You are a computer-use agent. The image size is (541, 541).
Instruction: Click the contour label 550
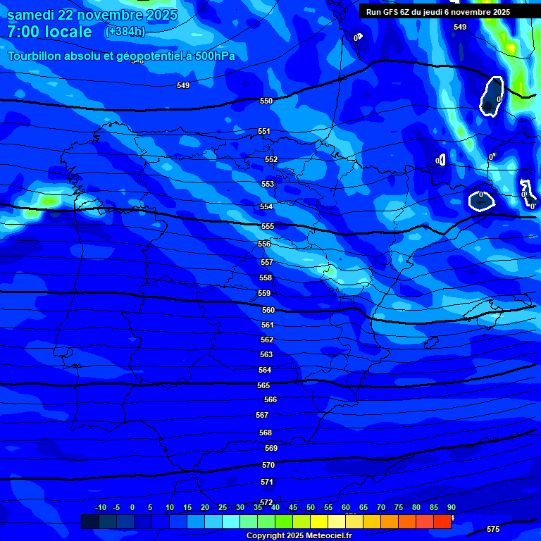[x=266, y=101]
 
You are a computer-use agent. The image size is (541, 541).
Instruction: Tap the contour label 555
[x=268, y=226]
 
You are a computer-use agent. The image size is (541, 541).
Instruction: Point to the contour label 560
[x=268, y=310]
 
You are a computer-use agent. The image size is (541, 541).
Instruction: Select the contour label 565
[x=263, y=385]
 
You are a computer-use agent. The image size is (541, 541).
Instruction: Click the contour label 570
[x=268, y=465]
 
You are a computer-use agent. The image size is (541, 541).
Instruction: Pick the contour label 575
[x=493, y=529]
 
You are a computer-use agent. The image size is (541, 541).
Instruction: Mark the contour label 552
[x=271, y=159]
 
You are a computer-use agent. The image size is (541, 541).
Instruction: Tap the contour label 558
[x=266, y=278]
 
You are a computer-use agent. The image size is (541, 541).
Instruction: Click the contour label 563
[x=266, y=354]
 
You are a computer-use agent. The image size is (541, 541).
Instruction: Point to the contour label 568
[x=266, y=433]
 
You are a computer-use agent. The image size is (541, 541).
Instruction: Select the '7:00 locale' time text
[x=49, y=32]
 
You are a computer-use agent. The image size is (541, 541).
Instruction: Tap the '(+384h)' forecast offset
[x=124, y=32]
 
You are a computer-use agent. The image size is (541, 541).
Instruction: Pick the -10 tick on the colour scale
[x=100, y=507]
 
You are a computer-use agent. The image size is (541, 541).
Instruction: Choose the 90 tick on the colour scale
[x=451, y=507]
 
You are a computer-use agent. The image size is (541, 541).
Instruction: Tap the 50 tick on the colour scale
[x=311, y=507]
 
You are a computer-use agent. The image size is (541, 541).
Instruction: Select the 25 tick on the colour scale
[x=223, y=507]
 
